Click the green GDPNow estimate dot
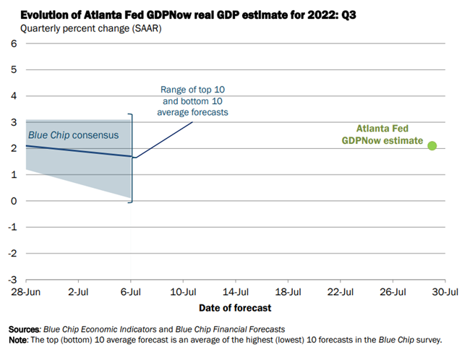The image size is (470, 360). [x=432, y=145]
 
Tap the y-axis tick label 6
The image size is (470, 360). [x=14, y=43]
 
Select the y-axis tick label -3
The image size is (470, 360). [x=12, y=280]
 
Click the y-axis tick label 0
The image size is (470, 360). [x=14, y=201]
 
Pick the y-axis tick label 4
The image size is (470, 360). [x=14, y=96]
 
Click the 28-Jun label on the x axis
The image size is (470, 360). [x=26, y=292]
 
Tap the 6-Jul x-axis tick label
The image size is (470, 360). [x=132, y=292]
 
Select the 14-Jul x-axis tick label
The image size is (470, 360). [x=236, y=292]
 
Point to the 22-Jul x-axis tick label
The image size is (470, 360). [x=340, y=292]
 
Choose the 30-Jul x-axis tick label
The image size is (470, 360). [x=445, y=292]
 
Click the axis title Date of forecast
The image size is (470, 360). [x=236, y=308]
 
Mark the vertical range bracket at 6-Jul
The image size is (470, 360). [x=132, y=158]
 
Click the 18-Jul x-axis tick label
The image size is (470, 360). [x=288, y=292]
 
